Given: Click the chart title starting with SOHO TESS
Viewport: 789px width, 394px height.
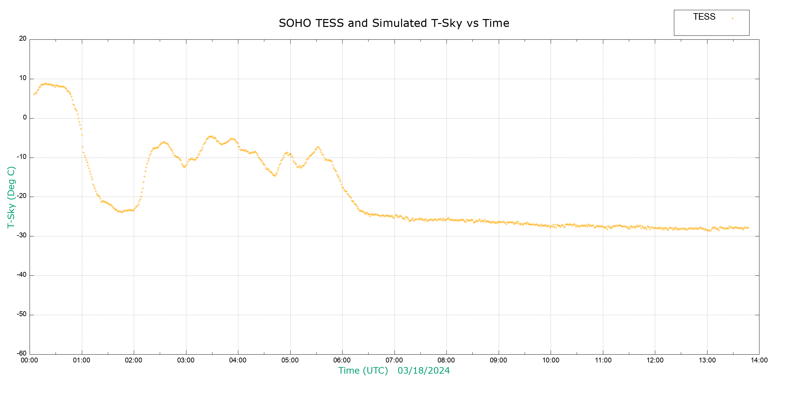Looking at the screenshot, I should coord(394,23).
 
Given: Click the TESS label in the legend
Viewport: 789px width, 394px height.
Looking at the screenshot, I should coord(704,17).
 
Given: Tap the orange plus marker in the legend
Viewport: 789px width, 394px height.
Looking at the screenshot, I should coord(732,18).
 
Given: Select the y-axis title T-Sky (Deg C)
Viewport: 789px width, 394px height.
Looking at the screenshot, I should coord(11,197).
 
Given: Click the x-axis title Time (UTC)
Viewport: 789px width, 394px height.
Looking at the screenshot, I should coord(363,371).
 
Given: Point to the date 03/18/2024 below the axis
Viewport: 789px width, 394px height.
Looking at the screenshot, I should coord(423,371).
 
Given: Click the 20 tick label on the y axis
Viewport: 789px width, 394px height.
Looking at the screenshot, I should coord(23,39).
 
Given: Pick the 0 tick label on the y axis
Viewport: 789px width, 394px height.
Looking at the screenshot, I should coord(25,118).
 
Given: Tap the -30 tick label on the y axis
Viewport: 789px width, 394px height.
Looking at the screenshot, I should coord(21,235).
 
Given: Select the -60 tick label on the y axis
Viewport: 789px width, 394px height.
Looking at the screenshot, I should coord(21,354).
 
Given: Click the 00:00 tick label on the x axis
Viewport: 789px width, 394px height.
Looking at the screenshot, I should coord(30,361).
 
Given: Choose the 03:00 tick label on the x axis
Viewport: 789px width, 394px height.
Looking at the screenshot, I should coord(186,361).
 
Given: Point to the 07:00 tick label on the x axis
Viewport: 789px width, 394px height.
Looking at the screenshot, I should coord(394,361).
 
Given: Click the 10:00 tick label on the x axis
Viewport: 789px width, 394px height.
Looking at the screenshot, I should coord(551,361).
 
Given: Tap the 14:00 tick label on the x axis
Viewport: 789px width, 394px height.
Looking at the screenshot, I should coord(759,361).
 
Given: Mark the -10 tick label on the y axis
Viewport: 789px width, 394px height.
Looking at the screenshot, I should coord(21,157).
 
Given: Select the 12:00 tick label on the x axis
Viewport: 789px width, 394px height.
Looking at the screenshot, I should coord(655,361).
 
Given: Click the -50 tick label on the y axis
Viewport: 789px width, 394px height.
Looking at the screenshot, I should coord(21,314).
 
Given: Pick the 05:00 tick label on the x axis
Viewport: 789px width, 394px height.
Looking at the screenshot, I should coord(290,361).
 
